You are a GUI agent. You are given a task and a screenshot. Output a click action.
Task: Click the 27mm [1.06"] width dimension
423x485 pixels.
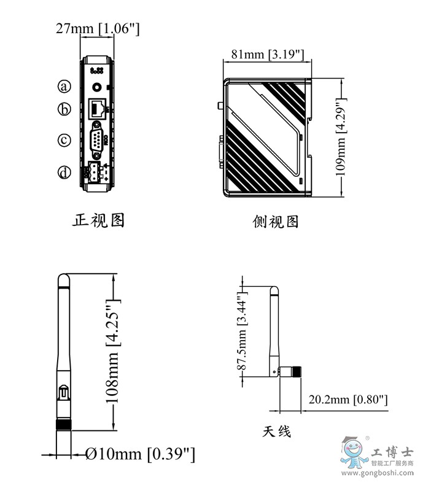coord(98,28)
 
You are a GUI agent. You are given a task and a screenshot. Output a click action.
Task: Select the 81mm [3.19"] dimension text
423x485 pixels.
coord(267,55)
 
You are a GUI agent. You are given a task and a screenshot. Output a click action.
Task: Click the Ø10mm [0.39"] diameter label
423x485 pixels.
coord(140,454)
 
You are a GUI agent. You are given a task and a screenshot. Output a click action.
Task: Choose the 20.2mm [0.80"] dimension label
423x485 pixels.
coord(347,400)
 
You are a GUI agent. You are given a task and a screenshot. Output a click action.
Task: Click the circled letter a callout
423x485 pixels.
coord(64,85)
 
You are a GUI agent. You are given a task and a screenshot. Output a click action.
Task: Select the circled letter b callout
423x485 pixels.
coord(64,110)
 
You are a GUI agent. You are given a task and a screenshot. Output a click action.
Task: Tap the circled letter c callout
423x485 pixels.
coord(64,140)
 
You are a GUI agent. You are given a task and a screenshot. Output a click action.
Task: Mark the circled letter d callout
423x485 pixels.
coord(64,173)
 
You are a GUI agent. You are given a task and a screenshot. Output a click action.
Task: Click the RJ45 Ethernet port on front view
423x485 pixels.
coord(96,109)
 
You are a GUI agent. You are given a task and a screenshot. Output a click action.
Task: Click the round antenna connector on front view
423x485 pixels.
coord(97,86)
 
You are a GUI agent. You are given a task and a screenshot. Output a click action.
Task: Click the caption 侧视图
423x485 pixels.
coord(276,222)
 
